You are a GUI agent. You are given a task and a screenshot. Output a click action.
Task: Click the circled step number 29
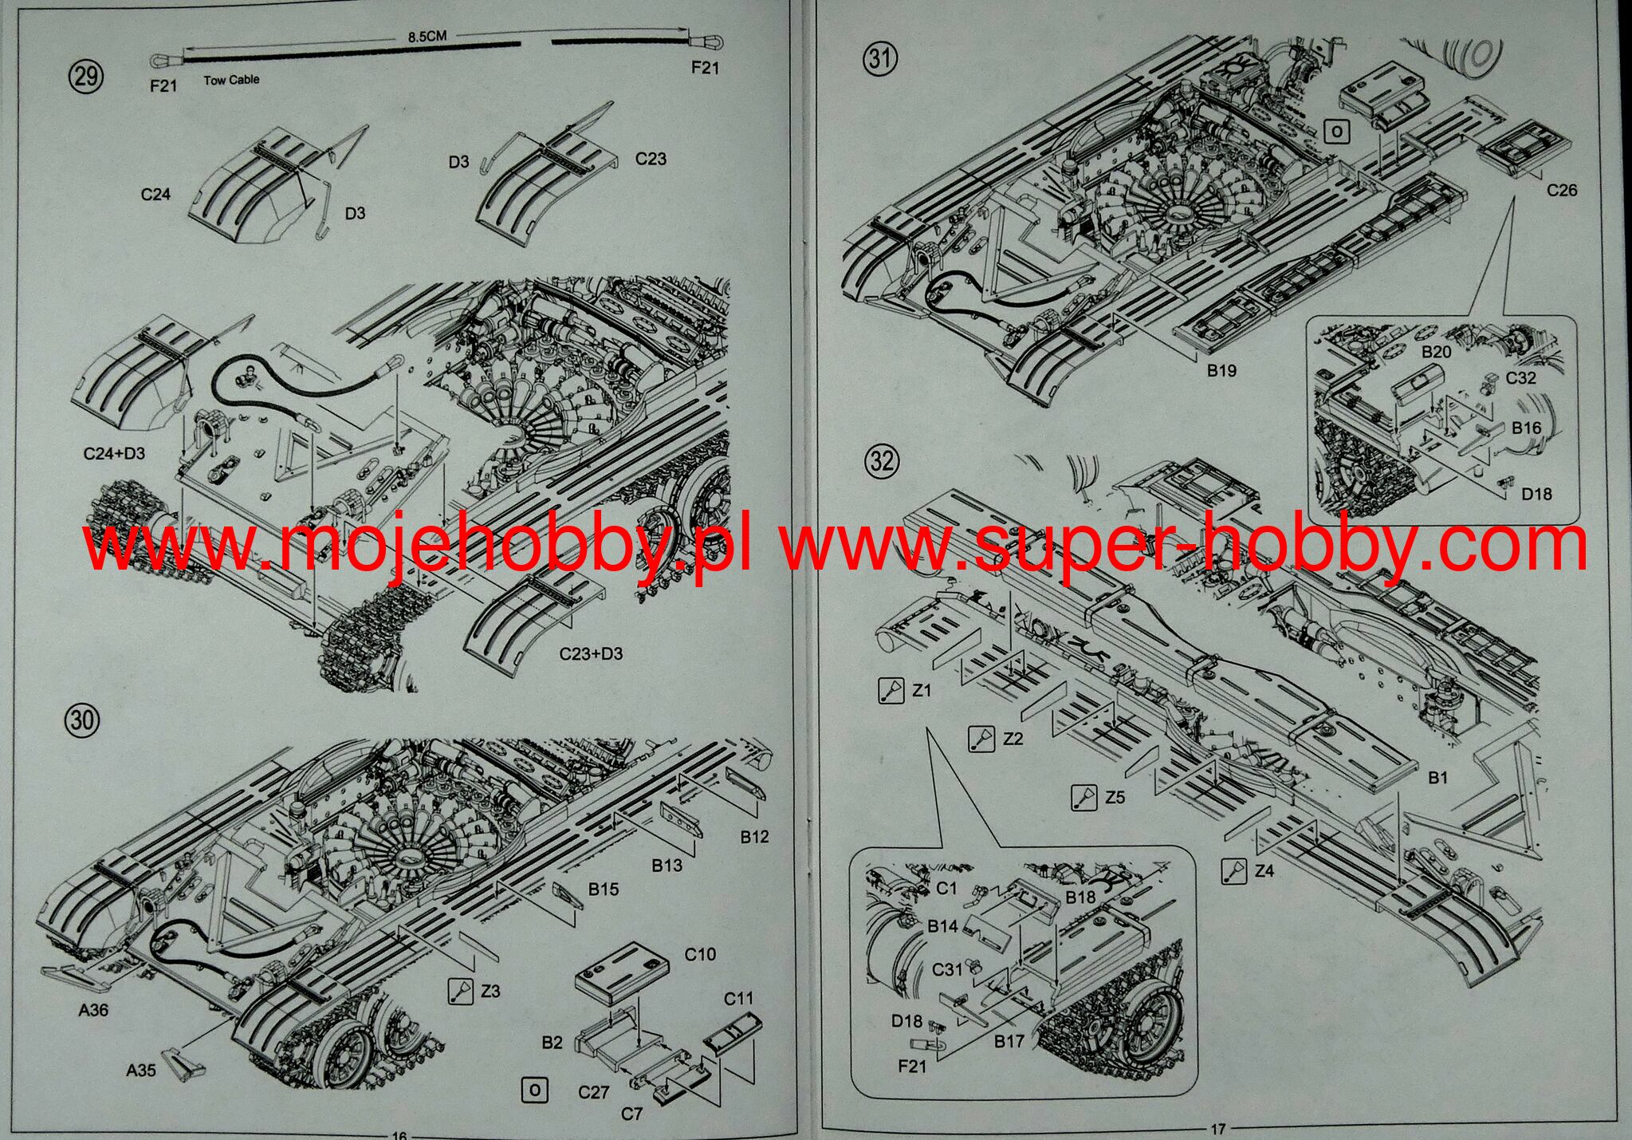[86, 77]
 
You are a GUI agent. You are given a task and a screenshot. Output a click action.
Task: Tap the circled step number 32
[882, 462]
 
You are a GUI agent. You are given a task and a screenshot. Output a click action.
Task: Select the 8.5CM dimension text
[427, 37]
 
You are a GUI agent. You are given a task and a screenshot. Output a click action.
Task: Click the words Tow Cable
[231, 80]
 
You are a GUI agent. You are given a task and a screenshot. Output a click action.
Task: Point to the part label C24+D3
[114, 454]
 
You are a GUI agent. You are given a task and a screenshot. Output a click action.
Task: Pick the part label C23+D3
[591, 654]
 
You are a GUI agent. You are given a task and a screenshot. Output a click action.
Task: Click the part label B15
[604, 890]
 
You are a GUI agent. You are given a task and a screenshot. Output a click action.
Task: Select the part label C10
[700, 954]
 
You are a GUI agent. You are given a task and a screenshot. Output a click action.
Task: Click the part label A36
[93, 1011]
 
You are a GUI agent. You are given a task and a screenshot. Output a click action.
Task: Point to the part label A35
[141, 1071]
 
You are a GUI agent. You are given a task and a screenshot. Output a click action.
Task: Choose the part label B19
[1221, 370]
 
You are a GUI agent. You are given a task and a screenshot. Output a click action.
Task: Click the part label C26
[1562, 190]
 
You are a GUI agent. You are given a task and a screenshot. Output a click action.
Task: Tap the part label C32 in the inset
[1520, 377]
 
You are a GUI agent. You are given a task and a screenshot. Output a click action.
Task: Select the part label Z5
[1115, 797]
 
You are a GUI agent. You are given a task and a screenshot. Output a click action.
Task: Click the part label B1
[1437, 777]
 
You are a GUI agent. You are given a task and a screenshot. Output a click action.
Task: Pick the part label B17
[1009, 1041]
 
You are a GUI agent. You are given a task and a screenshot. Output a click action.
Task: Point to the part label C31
[947, 969]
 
